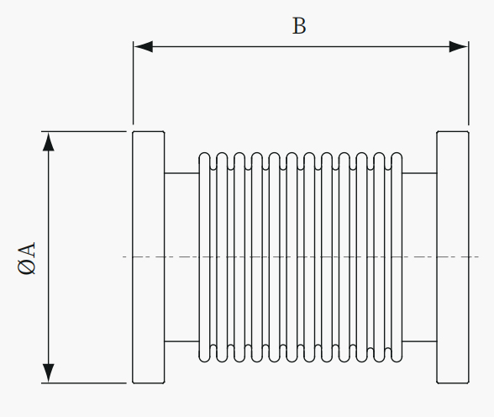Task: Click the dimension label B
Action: click(x=299, y=26)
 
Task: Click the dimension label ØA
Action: click(x=27, y=258)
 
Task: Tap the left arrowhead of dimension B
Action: click(x=144, y=46)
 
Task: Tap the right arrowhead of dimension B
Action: click(x=459, y=46)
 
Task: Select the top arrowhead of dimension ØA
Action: click(x=48, y=142)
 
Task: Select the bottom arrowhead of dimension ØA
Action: click(x=48, y=373)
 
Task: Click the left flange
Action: click(x=149, y=257)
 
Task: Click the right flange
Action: click(x=453, y=257)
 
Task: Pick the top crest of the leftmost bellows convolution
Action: click(x=204, y=153)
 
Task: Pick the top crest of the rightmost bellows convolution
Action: click(x=397, y=153)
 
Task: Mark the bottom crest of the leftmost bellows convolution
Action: click(x=204, y=362)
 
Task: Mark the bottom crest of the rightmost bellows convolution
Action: click(x=397, y=362)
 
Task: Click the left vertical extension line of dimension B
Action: click(x=133, y=83)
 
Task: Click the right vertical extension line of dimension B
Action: click(x=469, y=83)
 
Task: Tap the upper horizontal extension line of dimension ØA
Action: click(x=84, y=131)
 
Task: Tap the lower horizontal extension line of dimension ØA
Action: click(x=84, y=383)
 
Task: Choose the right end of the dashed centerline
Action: click(x=479, y=257)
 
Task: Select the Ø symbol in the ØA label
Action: click(x=27, y=267)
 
